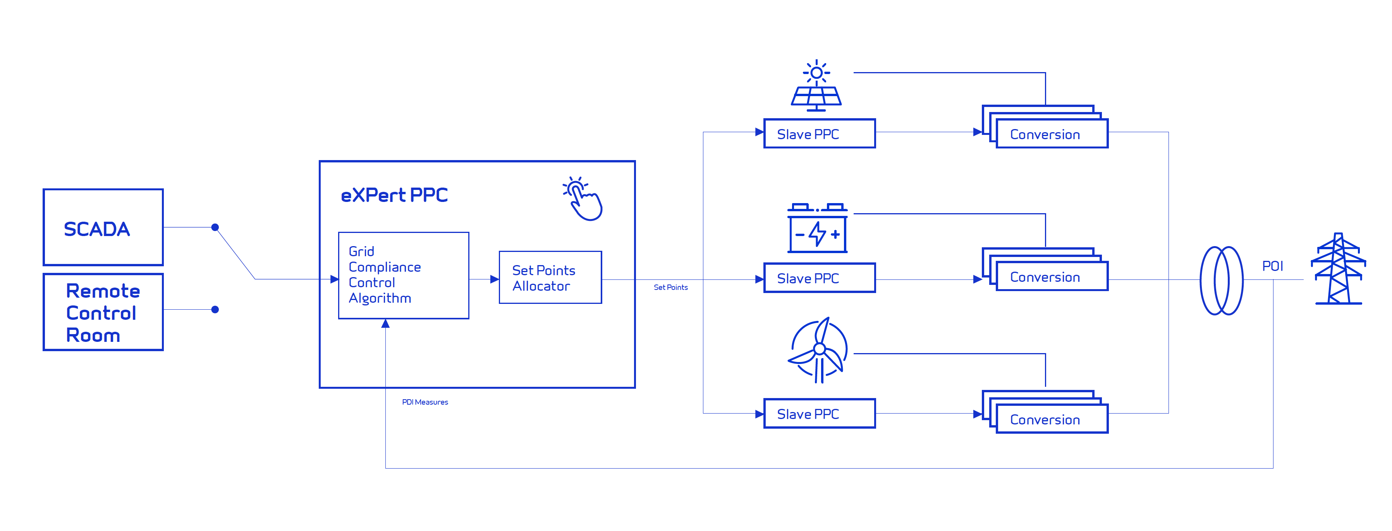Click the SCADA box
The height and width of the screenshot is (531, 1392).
coord(103,227)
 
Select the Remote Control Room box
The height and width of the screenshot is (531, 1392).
coord(103,312)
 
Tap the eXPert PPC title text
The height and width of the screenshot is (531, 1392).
coord(394,195)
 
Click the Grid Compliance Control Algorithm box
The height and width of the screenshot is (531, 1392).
coord(403,275)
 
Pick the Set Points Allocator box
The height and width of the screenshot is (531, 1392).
coord(550,278)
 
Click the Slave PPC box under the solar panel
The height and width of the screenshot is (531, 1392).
coord(819,134)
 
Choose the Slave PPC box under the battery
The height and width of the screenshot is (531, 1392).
coord(819,278)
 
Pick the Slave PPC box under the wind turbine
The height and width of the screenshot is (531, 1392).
coord(819,414)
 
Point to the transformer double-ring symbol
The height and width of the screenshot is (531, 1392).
coord(1221,280)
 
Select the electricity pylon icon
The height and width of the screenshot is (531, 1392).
coord(1338,269)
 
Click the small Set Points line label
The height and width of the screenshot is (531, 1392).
coord(670,287)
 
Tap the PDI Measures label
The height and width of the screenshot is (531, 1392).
coord(425,402)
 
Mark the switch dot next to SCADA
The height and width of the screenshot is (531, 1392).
coord(215,227)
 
